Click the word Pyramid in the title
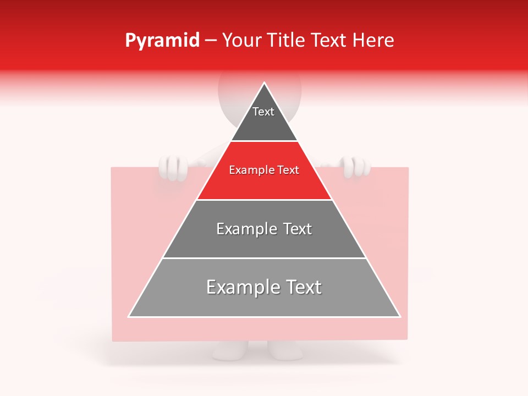coord(162,41)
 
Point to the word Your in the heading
coord(241,40)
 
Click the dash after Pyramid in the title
coord(211,41)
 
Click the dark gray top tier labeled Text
coord(263,124)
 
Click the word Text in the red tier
coord(288,170)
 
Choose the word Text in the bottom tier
coord(302,287)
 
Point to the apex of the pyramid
coord(265,84)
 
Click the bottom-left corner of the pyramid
coord(129,316)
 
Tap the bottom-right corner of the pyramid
coord(399,316)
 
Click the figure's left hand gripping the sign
coord(174,167)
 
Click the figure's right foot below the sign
coord(285,350)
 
